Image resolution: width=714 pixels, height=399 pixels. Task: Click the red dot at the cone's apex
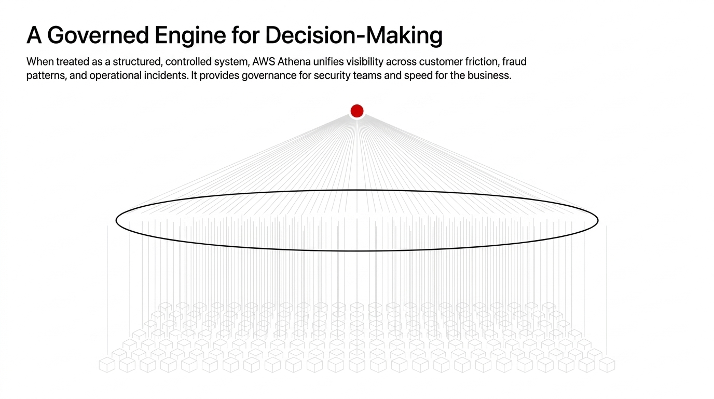357,111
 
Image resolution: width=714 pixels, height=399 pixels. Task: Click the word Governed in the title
98,35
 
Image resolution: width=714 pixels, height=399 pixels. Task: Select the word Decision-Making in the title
354,36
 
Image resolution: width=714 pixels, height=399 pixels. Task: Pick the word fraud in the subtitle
514,61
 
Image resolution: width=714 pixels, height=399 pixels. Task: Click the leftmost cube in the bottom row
107,365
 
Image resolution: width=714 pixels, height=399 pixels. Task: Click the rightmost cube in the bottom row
607,365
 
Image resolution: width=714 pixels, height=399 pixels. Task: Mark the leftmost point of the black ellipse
116,220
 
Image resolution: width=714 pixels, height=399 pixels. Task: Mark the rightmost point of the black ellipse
598,220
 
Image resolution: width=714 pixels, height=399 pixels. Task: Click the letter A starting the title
34,35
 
